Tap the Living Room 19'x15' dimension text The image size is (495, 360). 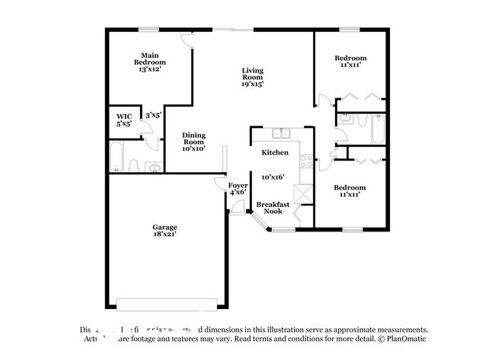coord(253,84)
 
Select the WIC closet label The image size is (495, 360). coord(124,116)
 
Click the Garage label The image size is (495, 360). coord(164,228)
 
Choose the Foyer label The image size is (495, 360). coord(238,185)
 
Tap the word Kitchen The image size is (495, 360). coord(275,153)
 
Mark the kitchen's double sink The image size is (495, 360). coord(284,135)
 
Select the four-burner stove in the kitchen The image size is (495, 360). coord(305,161)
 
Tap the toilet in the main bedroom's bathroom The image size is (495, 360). coord(135,164)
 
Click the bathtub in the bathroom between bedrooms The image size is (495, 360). coord(376,129)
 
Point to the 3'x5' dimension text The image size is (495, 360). coord(153,116)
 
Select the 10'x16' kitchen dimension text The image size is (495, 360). coord(273,177)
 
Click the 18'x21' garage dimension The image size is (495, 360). coord(164,235)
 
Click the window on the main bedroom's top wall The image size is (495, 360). coord(149,30)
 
